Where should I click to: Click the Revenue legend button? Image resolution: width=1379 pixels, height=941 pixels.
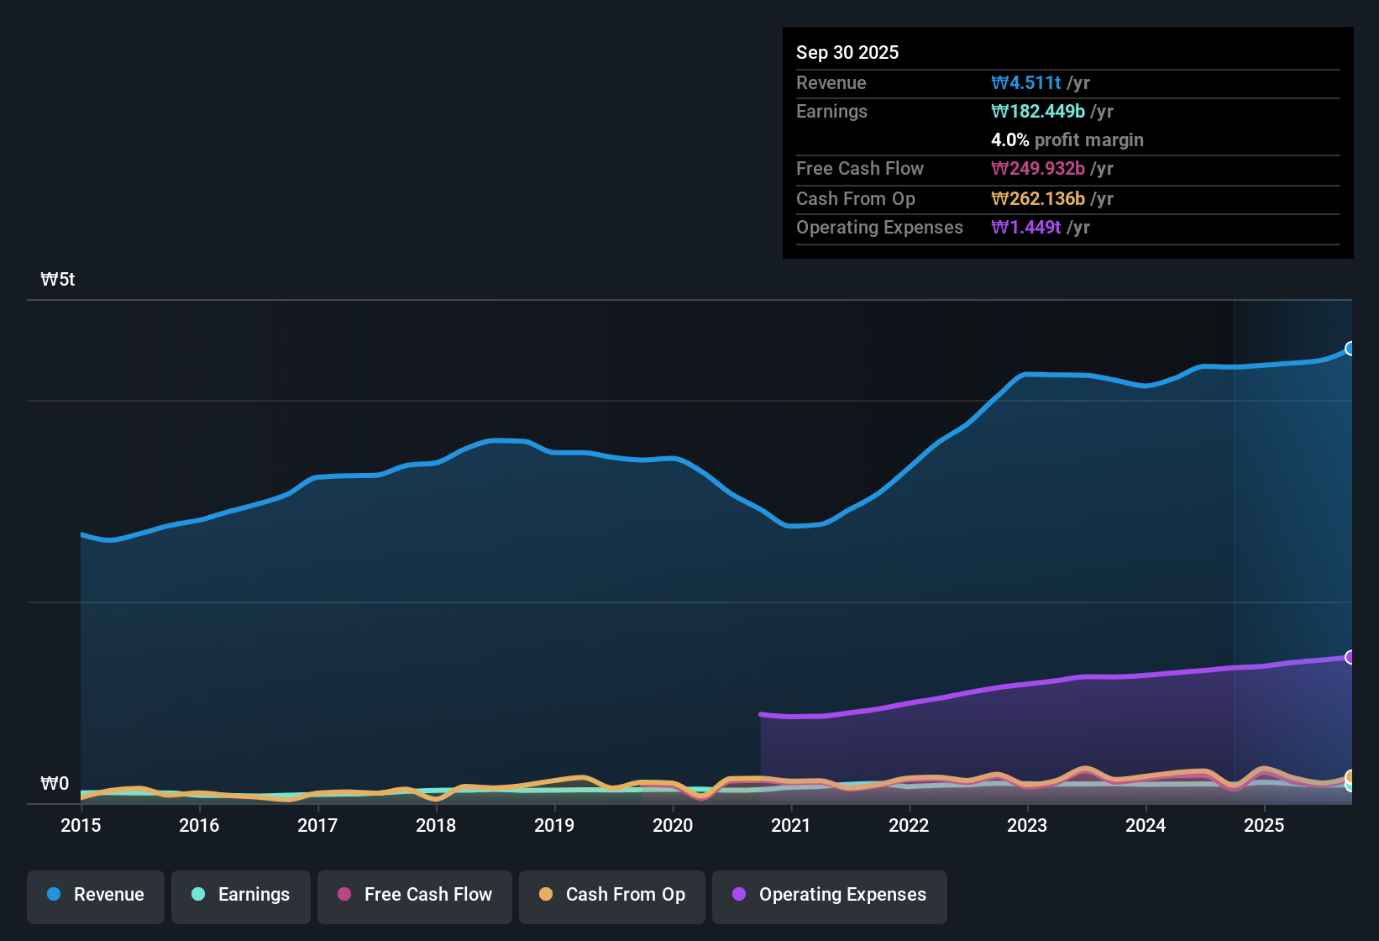click(x=96, y=895)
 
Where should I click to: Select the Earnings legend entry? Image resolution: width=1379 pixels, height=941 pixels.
click(x=241, y=895)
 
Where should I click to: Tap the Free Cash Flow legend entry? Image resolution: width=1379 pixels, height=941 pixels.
click(x=415, y=895)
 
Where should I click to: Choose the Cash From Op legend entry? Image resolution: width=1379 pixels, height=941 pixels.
click(x=612, y=895)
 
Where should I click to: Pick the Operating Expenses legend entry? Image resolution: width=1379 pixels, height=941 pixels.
click(x=830, y=895)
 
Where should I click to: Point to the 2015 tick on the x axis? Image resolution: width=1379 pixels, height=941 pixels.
click(x=81, y=825)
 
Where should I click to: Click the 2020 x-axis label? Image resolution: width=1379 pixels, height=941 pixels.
click(x=673, y=825)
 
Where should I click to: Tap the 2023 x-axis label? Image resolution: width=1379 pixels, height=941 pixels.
click(x=1027, y=825)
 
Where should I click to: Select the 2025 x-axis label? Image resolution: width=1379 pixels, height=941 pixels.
click(x=1264, y=825)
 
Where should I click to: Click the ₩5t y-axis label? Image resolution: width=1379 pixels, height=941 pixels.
click(x=58, y=280)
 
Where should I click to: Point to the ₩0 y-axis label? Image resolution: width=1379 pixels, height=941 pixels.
click(x=55, y=784)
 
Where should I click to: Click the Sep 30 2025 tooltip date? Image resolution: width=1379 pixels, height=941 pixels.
click(x=847, y=52)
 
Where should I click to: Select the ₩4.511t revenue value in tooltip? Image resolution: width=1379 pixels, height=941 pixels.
click(x=1026, y=82)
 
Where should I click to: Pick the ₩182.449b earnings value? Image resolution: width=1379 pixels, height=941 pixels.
click(x=1038, y=111)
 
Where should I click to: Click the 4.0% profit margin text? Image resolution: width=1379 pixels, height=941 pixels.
click(x=1067, y=139)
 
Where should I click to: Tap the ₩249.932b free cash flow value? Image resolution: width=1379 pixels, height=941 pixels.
click(x=1038, y=168)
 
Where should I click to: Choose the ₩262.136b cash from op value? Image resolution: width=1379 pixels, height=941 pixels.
click(x=1038, y=198)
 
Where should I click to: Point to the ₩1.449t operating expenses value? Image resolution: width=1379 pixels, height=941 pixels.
click(x=1026, y=227)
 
